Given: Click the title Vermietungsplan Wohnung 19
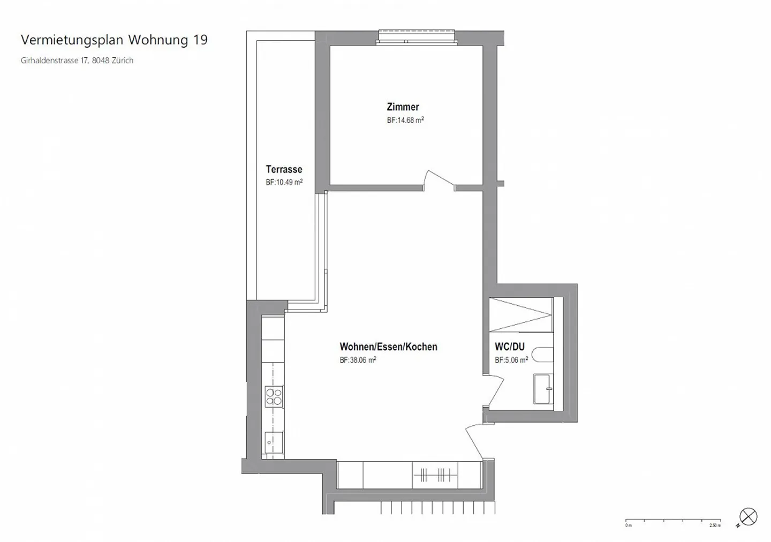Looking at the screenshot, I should pyautogui.click(x=114, y=40).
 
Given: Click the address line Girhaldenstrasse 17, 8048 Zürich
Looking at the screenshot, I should pyautogui.click(x=77, y=61).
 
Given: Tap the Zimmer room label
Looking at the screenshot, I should pyautogui.click(x=403, y=107).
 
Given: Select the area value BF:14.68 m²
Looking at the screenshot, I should pyautogui.click(x=405, y=121).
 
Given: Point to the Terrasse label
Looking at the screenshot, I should pyautogui.click(x=284, y=169).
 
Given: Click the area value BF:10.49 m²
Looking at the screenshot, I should pyautogui.click(x=284, y=182).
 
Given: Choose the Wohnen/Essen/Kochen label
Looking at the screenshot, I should pyautogui.click(x=388, y=347).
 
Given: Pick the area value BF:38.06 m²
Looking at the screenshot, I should pyautogui.click(x=358, y=360).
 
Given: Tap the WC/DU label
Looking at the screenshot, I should pyautogui.click(x=509, y=347).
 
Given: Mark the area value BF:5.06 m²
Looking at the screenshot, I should pyautogui.click(x=511, y=360).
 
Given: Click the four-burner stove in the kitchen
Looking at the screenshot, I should pyautogui.click(x=274, y=397).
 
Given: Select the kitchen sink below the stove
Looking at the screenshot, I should pyautogui.click(x=274, y=442).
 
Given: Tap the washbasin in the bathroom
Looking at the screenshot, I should pyautogui.click(x=543, y=388).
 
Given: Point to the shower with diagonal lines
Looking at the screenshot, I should pyautogui.click(x=520, y=315).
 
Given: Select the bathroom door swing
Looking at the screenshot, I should pyautogui.click(x=495, y=390).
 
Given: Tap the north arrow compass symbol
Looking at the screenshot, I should pyautogui.click(x=748, y=517).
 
